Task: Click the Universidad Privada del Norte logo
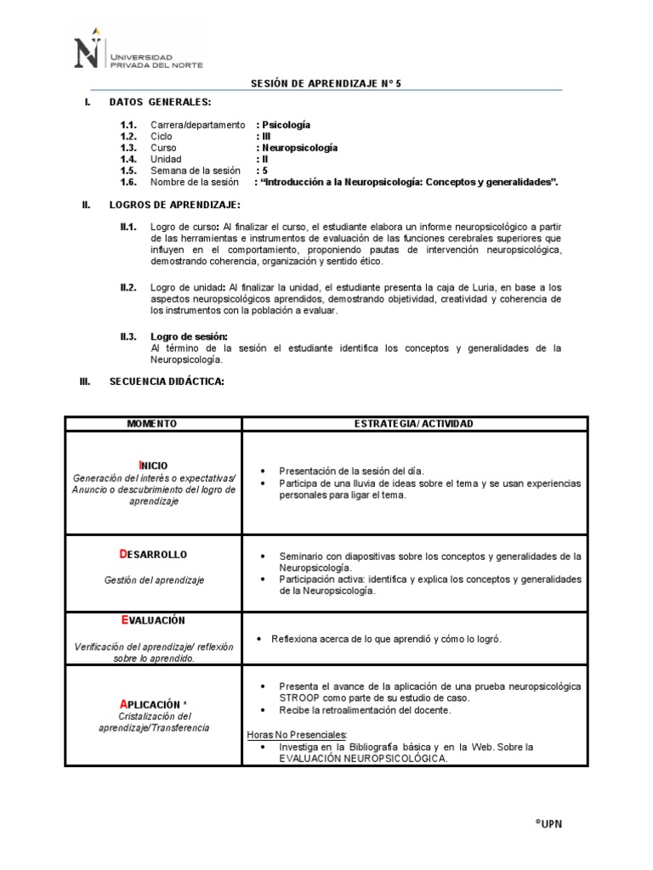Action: coord(136,52)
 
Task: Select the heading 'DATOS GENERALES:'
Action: coord(160,103)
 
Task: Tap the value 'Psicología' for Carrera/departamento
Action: coord(285,125)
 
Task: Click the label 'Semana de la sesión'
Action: coord(196,171)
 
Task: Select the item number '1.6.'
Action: coord(128,183)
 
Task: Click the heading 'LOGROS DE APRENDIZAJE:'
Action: coord(174,206)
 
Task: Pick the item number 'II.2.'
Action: coord(128,288)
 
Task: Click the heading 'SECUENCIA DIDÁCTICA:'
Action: coord(167,382)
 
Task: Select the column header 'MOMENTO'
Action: coord(152,423)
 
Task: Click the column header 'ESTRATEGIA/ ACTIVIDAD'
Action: coord(413,423)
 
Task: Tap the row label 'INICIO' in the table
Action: coord(153,465)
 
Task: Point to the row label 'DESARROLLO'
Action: coord(153,555)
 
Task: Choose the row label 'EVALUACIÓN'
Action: coord(152,621)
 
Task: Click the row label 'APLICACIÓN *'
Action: coord(153,704)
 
